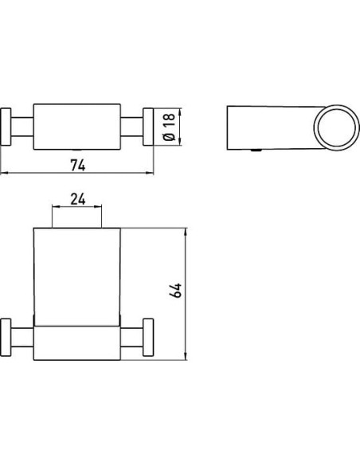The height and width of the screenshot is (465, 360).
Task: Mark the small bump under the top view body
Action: pos(77,150)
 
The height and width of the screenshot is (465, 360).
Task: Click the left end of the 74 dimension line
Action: pos(2,174)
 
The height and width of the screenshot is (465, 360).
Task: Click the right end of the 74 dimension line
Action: pos(154,174)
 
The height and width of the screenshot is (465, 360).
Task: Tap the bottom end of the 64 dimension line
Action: pos(186,356)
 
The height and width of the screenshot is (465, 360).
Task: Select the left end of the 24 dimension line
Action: pos(53,209)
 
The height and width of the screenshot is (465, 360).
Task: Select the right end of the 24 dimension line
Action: pos(103,209)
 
